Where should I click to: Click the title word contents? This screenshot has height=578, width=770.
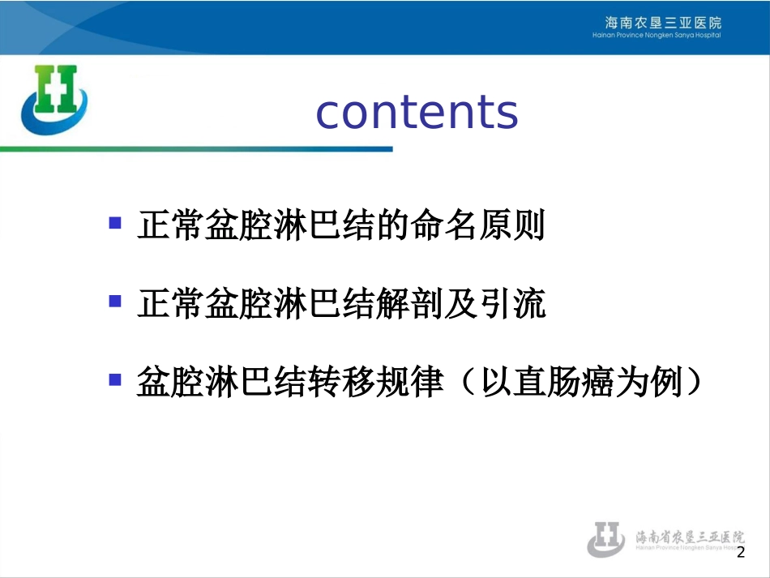pyautogui.click(x=417, y=113)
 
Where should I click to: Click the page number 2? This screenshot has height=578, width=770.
pyautogui.click(x=740, y=553)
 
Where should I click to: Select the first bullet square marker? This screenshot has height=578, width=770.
pyautogui.click(x=116, y=223)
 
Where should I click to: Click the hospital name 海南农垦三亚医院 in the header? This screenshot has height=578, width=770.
pyautogui.click(x=663, y=22)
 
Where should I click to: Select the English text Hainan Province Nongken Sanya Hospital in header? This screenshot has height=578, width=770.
pyautogui.click(x=657, y=35)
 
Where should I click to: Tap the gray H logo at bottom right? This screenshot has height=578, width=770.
pyautogui.click(x=606, y=538)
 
